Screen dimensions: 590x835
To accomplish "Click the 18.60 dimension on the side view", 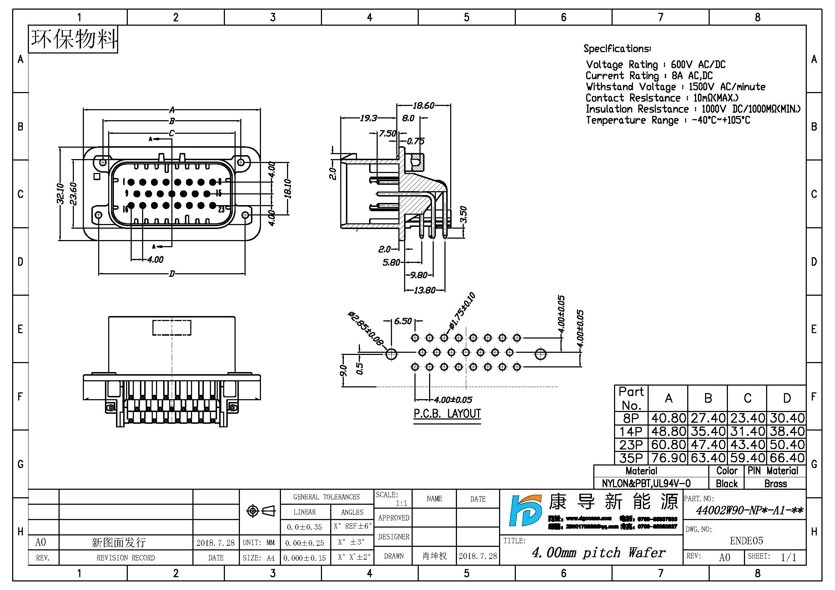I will (423, 105).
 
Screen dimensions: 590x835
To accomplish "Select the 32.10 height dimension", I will (60, 194).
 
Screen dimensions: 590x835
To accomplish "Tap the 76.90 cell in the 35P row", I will (668, 458).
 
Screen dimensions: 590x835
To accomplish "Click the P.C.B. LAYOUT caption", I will (447, 414).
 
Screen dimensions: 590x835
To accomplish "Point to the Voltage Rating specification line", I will (655, 65).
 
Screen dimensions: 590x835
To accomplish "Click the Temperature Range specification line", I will (668, 120).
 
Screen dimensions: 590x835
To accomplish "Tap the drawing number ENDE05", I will (746, 540).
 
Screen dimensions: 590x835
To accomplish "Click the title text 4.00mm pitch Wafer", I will (598, 553).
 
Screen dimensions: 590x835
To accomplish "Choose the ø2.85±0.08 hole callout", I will (366, 329).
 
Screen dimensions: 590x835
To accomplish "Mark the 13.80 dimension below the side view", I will (424, 290).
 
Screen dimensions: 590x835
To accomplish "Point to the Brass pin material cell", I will (775, 484).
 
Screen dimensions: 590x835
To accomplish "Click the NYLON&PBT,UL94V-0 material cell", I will (646, 484).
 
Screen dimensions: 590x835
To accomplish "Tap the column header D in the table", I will (787, 398).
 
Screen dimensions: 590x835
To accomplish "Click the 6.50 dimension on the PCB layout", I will (403, 321).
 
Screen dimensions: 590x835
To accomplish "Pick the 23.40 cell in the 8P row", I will (747, 418).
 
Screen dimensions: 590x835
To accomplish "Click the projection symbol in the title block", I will (261, 511).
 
